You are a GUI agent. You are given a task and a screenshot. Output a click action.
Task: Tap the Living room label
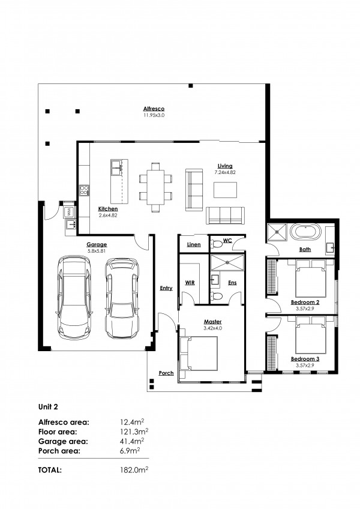tap(225, 166)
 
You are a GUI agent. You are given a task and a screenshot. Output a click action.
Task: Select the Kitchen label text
tap(109, 209)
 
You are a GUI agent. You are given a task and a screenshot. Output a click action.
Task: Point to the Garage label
tap(97, 244)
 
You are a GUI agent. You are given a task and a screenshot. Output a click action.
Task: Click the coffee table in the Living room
tap(226, 190)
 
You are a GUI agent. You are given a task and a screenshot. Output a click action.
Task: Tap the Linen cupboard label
tap(193, 244)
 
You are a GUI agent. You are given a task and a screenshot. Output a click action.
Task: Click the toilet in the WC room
tap(216, 244)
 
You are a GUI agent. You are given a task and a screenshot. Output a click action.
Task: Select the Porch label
tap(166, 373)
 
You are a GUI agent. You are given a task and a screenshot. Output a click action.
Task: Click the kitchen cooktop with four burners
tap(84, 191)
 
